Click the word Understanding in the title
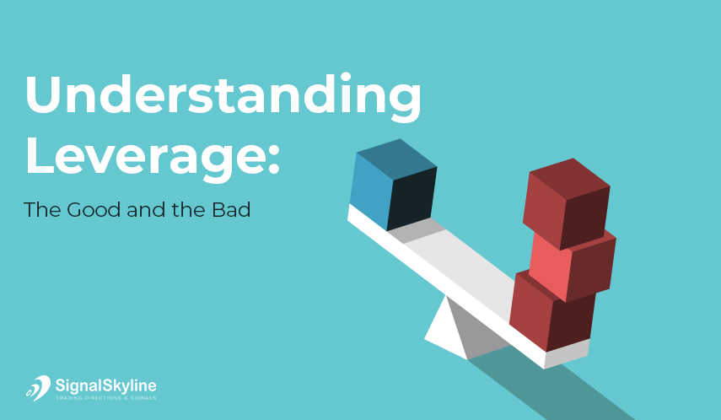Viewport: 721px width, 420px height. (223, 97)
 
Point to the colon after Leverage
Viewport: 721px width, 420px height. (273, 159)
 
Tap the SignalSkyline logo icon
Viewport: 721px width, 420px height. (38, 388)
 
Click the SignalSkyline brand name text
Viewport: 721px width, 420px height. (105, 385)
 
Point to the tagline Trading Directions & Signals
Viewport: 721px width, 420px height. (105, 398)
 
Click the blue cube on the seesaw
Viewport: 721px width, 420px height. (393, 185)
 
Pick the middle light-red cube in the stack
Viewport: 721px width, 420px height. (573, 265)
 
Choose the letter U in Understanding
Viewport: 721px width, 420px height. (43, 94)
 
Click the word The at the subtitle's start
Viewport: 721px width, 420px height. (41, 210)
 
